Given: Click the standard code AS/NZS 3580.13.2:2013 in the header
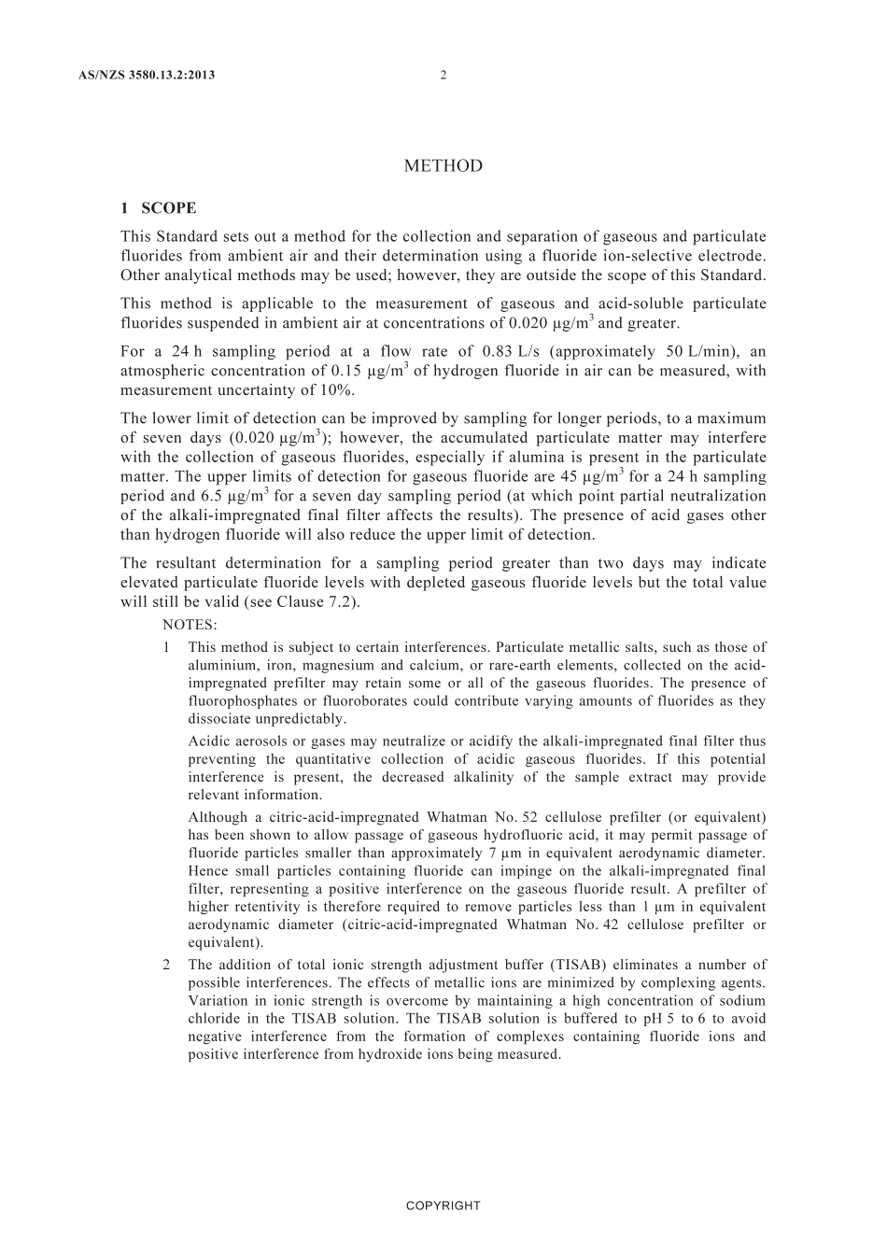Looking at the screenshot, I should click(148, 76).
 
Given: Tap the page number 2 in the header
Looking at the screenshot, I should click(443, 76).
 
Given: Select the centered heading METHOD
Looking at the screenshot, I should click(443, 166).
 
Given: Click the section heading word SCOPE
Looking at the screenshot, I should click(169, 208).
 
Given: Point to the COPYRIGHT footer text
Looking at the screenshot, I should click(443, 1206).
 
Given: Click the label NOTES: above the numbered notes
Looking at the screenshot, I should click(190, 625).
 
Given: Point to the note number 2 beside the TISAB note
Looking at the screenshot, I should click(166, 966).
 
